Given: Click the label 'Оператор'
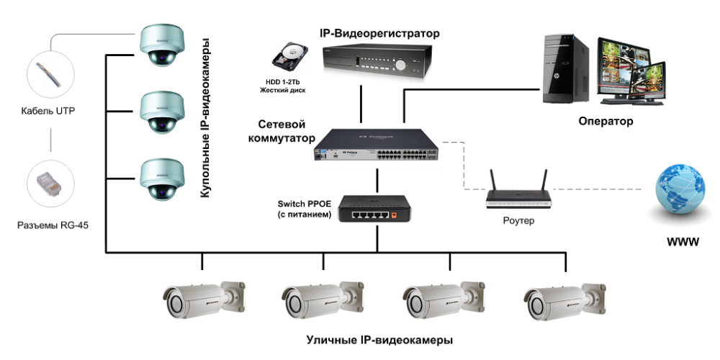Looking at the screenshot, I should (x=606, y=122).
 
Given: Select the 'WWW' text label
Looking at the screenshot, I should (x=683, y=242).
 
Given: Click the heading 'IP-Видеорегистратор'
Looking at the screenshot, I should (x=379, y=34).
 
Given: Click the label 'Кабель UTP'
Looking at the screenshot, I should (x=49, y=111).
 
